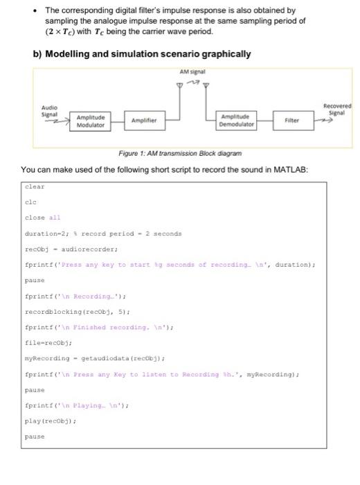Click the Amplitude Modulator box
(x=90, y=122)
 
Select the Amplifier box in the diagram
(x=145, y=121)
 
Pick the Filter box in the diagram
(x=291, y=120)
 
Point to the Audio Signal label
(x=49, y=111)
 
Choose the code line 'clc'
(x=30, y=202)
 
